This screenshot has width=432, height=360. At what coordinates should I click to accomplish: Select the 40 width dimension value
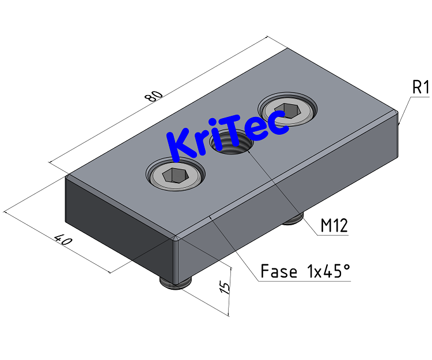tap(62, 240)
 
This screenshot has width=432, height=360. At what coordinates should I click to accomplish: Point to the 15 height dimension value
tap(225, 286)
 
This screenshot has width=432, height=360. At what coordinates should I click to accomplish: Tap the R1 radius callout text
tap(420, 88)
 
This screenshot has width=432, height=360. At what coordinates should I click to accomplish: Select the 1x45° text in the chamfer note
tap(325, 271)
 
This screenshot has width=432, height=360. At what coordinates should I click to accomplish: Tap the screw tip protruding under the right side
tap(294, 218)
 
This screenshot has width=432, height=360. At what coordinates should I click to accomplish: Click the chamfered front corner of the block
tap(177, 238)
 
